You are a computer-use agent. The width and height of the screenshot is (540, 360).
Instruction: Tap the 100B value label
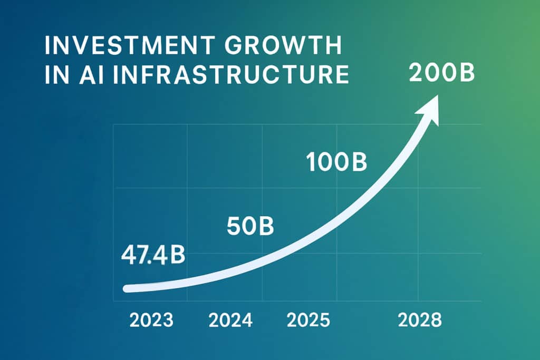(x=336, y=163)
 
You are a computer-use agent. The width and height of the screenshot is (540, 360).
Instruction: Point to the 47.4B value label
(x=153, y=256)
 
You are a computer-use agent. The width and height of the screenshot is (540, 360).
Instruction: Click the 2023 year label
(x=151, y=320)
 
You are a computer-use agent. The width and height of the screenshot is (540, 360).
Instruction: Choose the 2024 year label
(x=231, y=320)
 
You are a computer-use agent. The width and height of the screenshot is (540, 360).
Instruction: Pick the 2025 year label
(x=307, y=320)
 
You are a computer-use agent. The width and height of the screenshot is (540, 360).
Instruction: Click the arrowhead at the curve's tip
(x=430, y=111)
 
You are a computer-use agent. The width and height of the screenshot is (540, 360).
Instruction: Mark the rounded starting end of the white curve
(x=127, y=288)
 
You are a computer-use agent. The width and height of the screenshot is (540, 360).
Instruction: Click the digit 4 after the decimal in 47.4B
(x=160, y=256)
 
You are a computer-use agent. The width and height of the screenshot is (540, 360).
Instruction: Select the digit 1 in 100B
(x=311, y=163)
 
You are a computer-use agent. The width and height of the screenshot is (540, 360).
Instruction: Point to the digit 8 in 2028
(x=435, y=320)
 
